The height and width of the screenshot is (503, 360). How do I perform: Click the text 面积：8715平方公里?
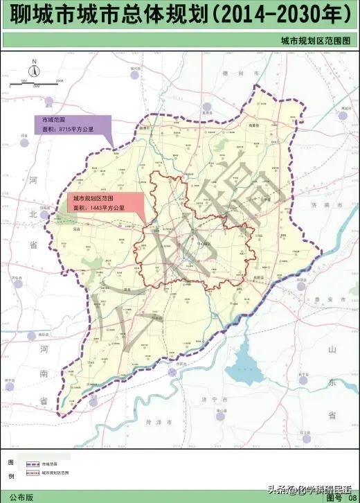click(64, 130)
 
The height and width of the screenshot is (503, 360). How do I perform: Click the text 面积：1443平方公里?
click(100, 207)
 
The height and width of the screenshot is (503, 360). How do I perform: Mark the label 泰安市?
click(326, 299)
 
